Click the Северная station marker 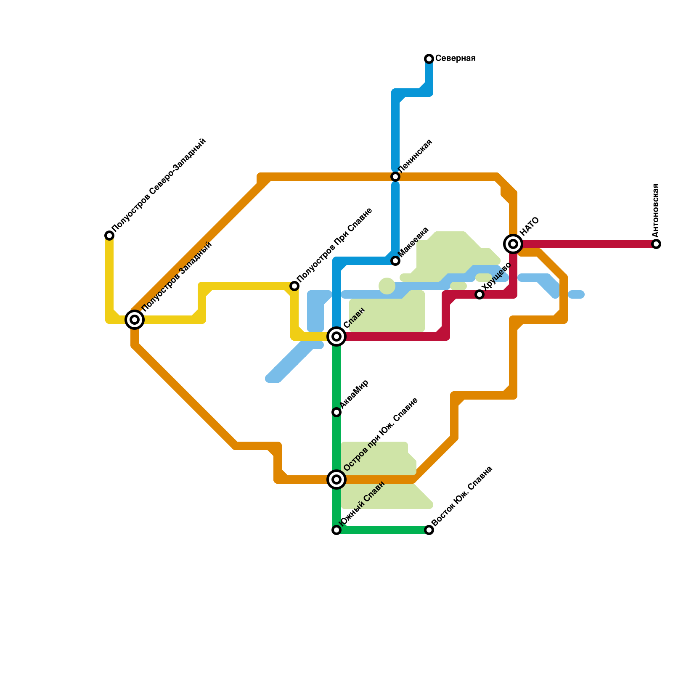point(429,58)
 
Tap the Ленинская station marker point(395,177)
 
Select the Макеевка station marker point(395,261)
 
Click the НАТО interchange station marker point(513,244)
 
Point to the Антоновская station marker point(656,244)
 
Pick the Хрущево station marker point(480,294)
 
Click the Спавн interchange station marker point(336,336)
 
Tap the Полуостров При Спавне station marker point(294,286)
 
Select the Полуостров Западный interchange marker point(135,320)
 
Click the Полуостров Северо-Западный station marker point(109,236)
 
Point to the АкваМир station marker point(336,412)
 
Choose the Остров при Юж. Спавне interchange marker point(336,479)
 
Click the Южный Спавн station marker point(336,530)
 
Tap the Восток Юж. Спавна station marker point(429,530)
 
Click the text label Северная point(455,58)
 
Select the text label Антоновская point(655,210)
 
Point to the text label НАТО point(529,227)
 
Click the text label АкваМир point(354,394)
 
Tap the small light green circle point(387,286)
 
